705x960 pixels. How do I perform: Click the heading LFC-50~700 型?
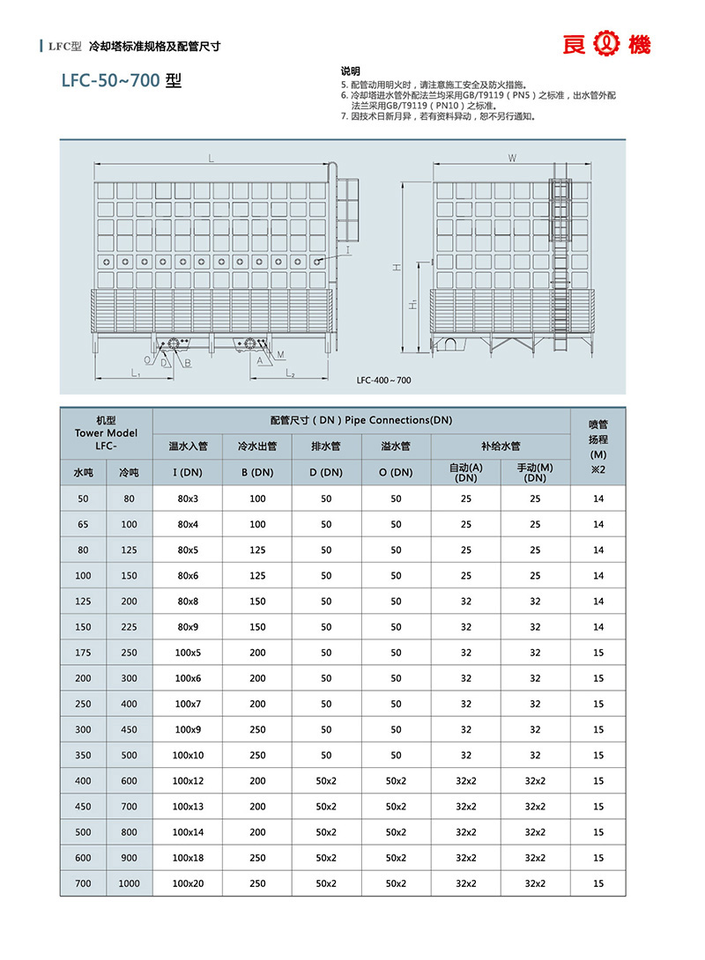click(x=122, y=81)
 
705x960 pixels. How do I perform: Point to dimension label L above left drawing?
click(x=211, y=158)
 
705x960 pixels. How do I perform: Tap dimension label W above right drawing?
click(x=512, y=158)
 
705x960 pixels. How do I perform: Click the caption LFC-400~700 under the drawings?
click(x=383, y=380)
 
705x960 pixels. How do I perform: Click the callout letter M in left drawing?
click(x=280, y=354)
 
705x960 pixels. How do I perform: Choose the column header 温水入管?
click(x=187, y=447)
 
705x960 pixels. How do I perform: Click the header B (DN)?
click(x=256, y=472)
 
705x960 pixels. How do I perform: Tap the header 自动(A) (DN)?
click(x=465, y=472)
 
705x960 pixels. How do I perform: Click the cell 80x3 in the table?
click(x=187, y=498)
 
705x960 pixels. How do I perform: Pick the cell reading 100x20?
click(x=187, y=883)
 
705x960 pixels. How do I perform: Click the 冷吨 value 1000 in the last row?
click(x=129, y=883)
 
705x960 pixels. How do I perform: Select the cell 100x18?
click(x=187, y=858)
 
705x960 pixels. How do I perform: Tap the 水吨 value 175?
click(x=83, y=653)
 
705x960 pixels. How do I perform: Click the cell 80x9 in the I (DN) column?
click(x=187, y=627)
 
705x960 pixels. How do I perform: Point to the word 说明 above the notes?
click(x=350, y=70)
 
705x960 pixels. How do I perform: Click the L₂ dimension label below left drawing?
click(x=288, y=374)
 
